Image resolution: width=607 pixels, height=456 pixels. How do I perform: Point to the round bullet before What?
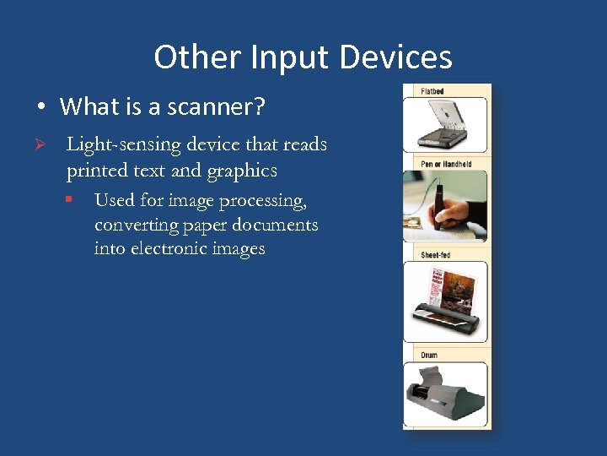click(40, 108)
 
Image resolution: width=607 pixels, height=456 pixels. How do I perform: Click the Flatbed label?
click(432, 91)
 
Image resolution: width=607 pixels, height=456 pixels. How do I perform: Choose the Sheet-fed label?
click(435, 254)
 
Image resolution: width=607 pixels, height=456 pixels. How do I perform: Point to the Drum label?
click(429, 356)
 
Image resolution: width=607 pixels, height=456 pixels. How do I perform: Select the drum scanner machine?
click(445, 394)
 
